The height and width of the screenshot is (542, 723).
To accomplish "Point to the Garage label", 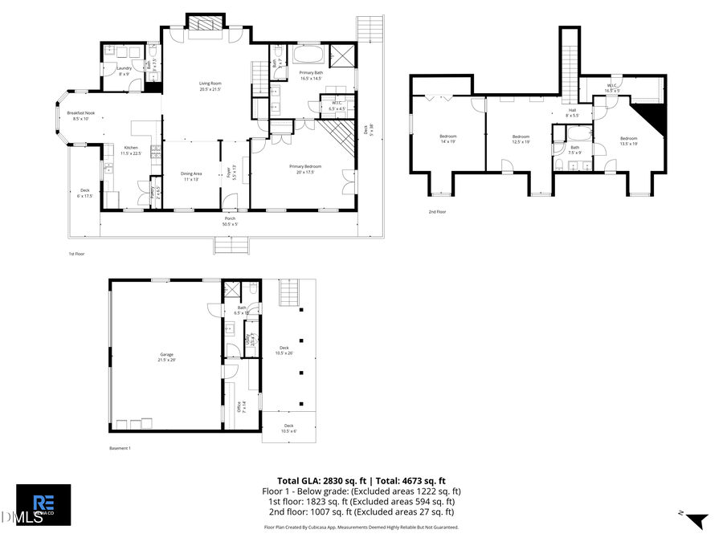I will pos(167,357).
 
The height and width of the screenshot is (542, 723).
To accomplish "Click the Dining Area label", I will pos(191,176).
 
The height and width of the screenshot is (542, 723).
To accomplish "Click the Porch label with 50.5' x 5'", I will pos(230,221).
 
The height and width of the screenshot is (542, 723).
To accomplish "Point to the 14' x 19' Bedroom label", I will pos(447,138).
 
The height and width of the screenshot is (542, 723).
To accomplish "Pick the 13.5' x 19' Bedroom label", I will pos(627,141).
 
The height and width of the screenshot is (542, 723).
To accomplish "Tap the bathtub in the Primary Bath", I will pos(309,56).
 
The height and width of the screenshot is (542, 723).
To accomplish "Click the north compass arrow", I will pos(695,520).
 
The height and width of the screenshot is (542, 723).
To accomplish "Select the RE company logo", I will pos(43,504).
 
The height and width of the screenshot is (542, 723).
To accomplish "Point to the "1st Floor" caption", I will pos(77,253).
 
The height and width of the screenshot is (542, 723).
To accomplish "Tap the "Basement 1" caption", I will pos(120,448).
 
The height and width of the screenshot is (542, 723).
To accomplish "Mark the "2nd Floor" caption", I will pos(437,212).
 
